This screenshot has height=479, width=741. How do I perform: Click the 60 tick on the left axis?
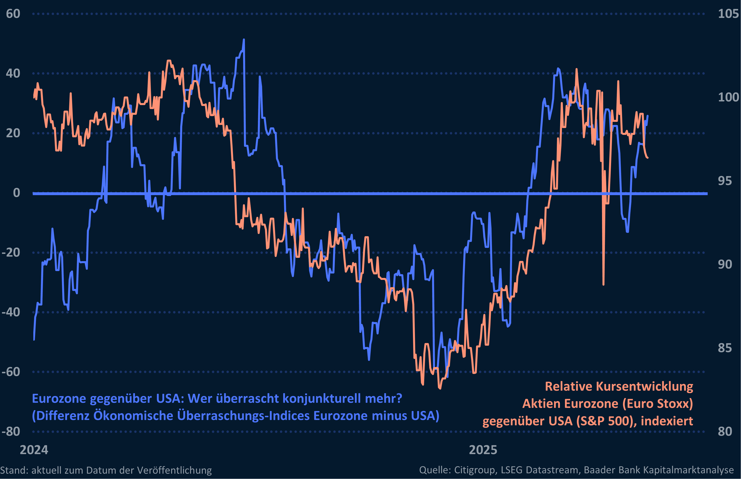tap(13, 14)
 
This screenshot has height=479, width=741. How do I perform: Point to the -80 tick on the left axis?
tap(11, 432)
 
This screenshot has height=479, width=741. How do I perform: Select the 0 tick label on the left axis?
tap(17, 193)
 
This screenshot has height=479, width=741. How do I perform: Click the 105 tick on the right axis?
tap(728, 14)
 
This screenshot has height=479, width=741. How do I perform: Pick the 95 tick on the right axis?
tap(725, 181)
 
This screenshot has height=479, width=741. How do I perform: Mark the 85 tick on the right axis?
tap(725, 348)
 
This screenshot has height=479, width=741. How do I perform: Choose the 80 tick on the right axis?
tap(725, 432)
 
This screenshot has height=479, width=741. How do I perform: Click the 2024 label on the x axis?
tap(34, 450)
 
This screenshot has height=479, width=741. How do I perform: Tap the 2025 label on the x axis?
tap(483, 450)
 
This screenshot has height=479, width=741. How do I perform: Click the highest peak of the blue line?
tap(244, 40)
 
